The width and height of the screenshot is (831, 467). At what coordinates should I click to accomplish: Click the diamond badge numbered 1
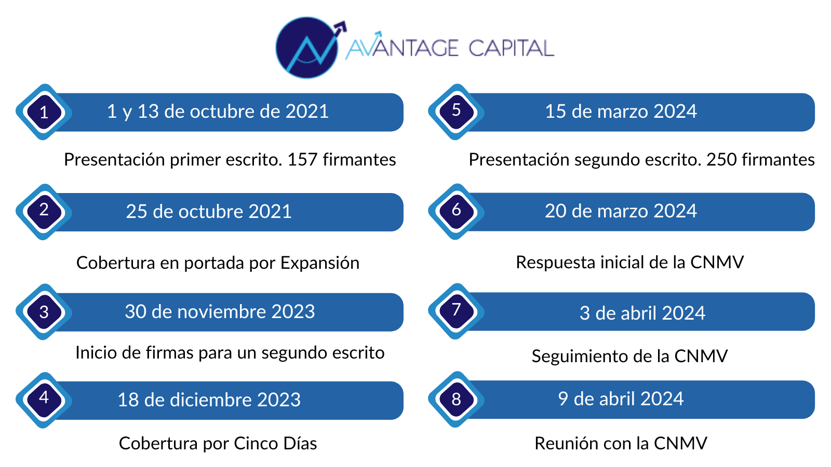tap(44, 112)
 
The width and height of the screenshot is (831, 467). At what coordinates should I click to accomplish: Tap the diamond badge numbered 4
tap(44, 400)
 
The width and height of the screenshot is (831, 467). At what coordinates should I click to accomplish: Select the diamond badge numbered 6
tap(456, 211)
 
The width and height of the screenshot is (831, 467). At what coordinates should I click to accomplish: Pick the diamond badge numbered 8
tap(456, 400)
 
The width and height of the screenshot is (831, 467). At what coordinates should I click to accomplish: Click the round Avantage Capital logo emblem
tap(307, 47)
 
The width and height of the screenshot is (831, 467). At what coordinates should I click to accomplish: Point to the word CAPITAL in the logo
tap(511, 48)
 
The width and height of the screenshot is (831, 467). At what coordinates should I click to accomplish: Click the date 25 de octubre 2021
tap(208, 212)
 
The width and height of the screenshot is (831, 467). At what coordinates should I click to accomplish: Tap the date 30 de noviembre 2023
tap(220, 311)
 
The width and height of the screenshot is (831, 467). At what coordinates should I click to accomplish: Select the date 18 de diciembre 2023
tap(209, 400)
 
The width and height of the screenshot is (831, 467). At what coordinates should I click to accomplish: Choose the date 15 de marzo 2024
tap(621, 112)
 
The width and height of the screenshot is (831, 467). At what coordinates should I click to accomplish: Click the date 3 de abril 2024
tap(642, 313)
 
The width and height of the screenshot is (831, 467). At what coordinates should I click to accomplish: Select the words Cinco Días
tap(275, 443)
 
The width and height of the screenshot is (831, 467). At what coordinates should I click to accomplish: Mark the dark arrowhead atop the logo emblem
tap(340, 28)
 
